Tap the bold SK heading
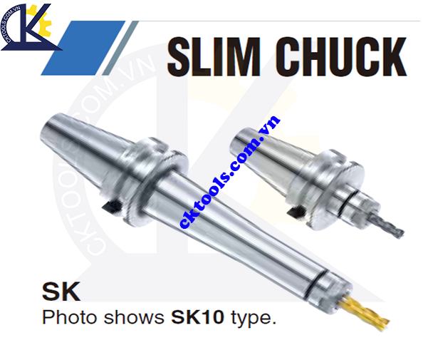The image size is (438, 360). point(61,292)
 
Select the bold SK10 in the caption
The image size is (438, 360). point(199,318)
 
